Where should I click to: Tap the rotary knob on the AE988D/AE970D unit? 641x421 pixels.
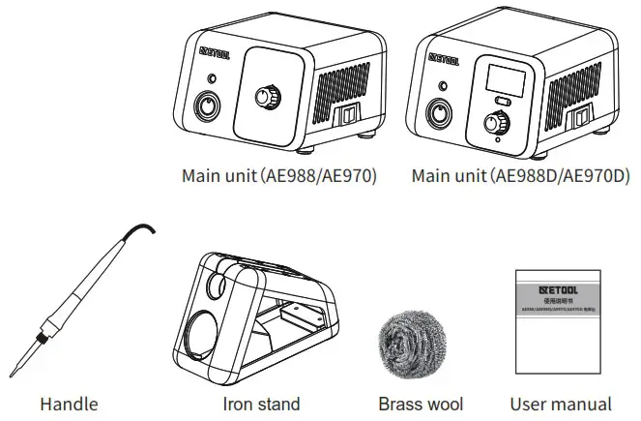point(498,123)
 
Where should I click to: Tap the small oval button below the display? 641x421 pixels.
point(500,101)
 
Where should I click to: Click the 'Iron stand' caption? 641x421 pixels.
point(261,404)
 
